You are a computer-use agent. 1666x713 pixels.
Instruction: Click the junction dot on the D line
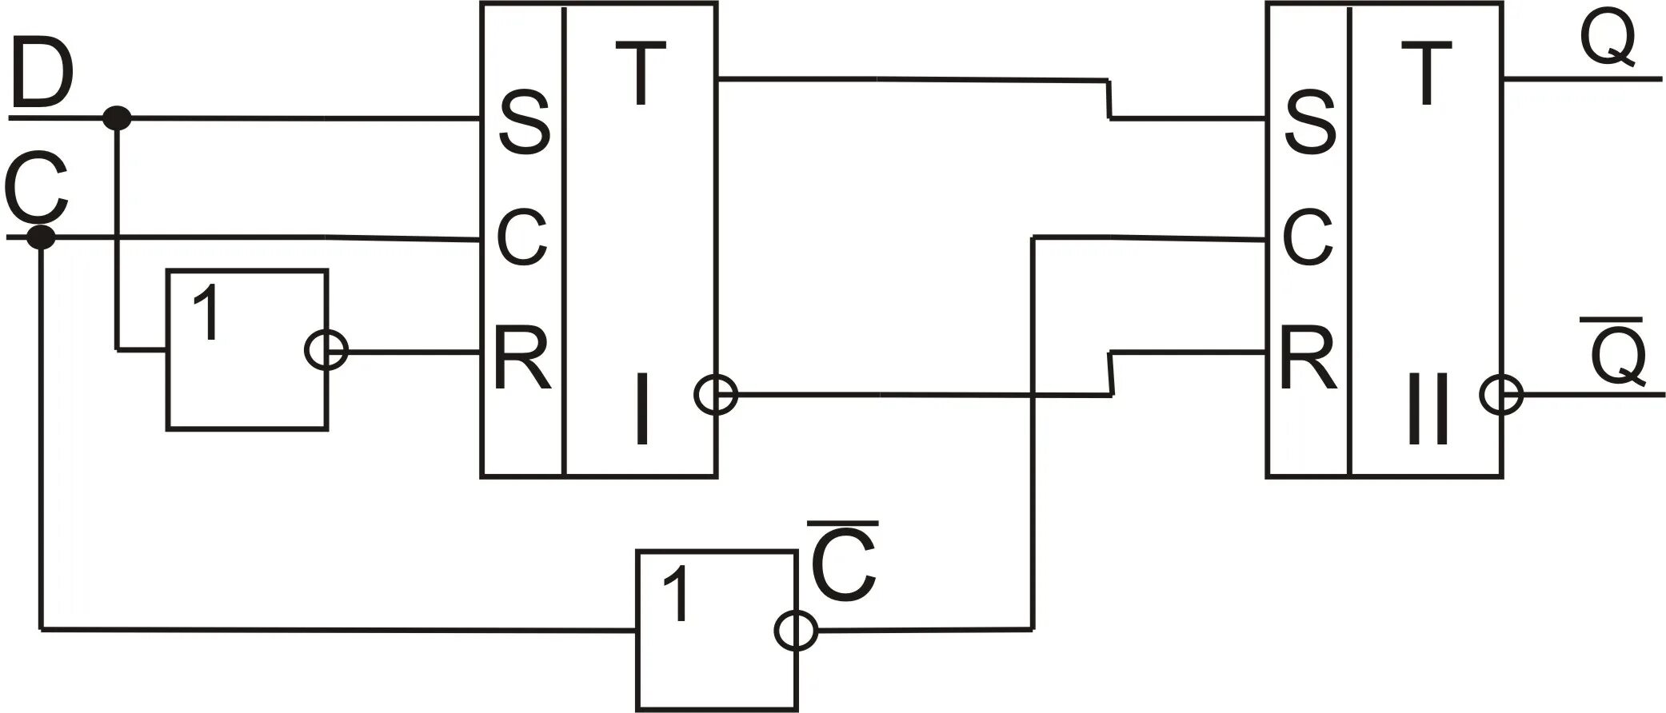[118, 118]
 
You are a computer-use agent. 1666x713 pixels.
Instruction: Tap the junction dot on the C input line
[41, 237]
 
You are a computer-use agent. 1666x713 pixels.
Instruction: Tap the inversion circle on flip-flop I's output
[716, 395]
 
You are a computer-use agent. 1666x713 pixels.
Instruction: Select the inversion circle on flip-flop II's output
[1501, 395]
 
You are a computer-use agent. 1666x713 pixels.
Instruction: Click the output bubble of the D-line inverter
[326, 350]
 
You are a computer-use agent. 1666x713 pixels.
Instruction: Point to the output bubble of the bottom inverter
[796, 631]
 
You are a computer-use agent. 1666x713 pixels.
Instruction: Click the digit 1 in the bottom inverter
[676, 595]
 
